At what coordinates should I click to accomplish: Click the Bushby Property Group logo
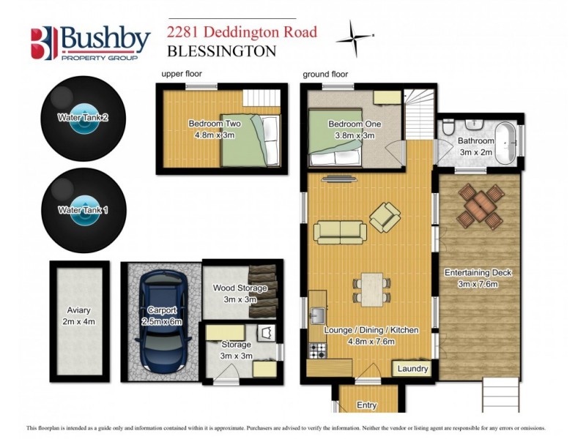click(x=90, y=43)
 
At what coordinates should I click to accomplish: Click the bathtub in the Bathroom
click(x=506, y=138)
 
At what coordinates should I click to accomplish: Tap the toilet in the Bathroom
click(x=450, y=129)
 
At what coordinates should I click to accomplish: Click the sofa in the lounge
click(x=341, y=232)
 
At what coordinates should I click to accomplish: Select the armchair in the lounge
click(x=385, y=217)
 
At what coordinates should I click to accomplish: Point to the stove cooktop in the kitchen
click(x=317, y=350)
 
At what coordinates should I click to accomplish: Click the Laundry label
click(x=412, y=369)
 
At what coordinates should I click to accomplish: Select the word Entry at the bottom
click(x=367, y=405)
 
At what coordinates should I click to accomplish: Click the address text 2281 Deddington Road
click(x=242, y=32)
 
